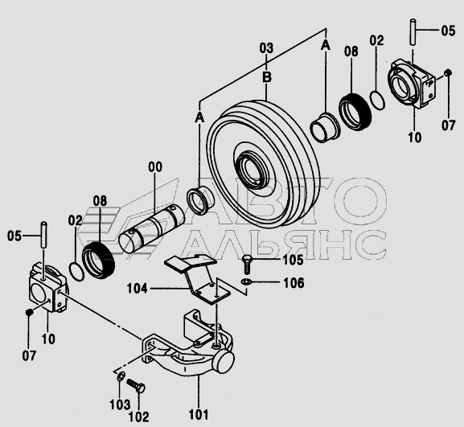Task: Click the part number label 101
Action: tap(199, 415)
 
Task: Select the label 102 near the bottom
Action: tap(138, 417)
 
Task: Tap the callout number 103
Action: tap(120, 404)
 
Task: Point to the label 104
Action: tap(137, 288)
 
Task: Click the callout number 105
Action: tap(293, 260)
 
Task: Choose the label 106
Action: tap(294, 283)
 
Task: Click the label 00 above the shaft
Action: tap(155, 167)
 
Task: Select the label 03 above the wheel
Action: tap(266, 48)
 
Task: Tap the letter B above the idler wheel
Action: tap(267, 77)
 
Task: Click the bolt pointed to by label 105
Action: tap(246, 265)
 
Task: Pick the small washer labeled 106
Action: tap(246, 281)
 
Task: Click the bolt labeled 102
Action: tap(137, 386)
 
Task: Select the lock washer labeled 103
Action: tap(120, 377)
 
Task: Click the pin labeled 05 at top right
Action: tap(413, 32)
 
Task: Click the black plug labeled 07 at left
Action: tap(29, 312)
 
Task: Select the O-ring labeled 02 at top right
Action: tap(377, 101)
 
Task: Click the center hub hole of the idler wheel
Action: tap(251, 170)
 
